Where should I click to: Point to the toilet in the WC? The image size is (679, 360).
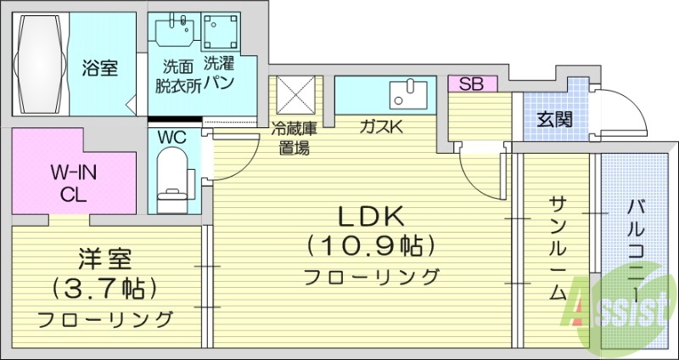(x=173, y=174)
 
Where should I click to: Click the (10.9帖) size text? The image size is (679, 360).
(x=370, y=246)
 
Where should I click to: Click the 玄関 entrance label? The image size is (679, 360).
(x=553, y=120)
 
